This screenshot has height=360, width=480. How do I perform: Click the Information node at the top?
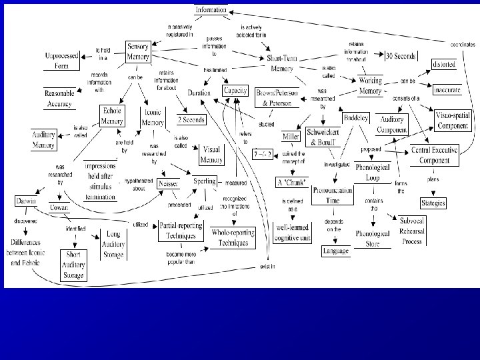click(211, 10)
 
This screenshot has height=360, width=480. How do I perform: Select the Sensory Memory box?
click(138, 51)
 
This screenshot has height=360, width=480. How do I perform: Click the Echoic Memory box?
click(111, 116)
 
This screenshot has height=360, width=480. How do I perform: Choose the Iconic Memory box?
click(153, 118)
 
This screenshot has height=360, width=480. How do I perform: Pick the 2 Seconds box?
click(191, 119)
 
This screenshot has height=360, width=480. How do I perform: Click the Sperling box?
click(204, 181)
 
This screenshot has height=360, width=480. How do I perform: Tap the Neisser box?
click(168, 182)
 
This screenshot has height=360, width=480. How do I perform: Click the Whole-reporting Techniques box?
click(229, 237)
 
